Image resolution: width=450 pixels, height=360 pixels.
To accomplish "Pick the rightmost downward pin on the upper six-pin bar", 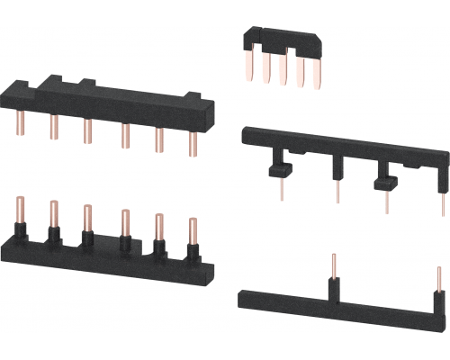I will tap(192, 142).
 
